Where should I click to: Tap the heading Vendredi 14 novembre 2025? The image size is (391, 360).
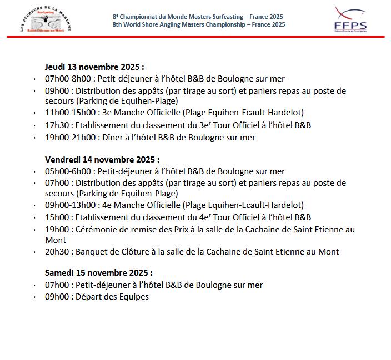click(102, 159)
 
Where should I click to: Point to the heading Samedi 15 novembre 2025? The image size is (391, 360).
click(99, 273)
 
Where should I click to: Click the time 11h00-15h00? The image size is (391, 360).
click(67, 113)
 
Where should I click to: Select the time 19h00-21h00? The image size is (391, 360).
click(67, 136)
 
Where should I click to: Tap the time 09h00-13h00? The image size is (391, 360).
click(67, 205)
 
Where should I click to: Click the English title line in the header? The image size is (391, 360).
click(198, 24)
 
